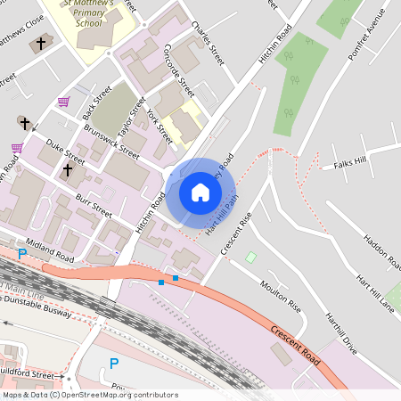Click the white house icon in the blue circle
tap(200, 192)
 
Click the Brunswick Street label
tap(111, 142)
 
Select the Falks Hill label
tap(350, 165)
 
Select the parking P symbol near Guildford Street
tap(113, 363)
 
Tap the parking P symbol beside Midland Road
tap(22, 254)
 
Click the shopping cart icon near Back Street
tap(63, 102)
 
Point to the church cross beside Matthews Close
tap(41, 44)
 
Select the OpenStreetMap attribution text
tap(89, 395)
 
